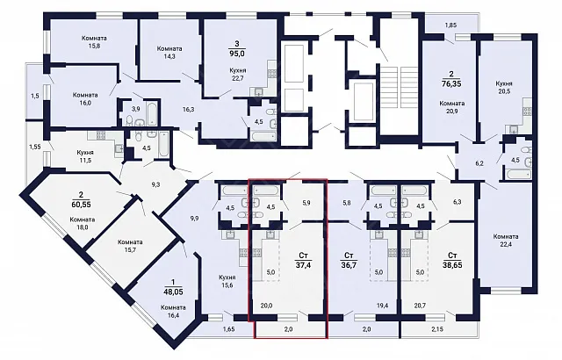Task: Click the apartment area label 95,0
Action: (x=237, y=54)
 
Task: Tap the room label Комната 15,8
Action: (x=94, y=42)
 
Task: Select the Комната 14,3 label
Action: (x=169, y=53)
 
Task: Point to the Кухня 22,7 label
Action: (x=238, y=75)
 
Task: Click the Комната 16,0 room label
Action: (x=85, y=99)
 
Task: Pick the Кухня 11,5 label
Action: (x=84, y=156)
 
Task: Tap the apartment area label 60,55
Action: (x=81, y=205)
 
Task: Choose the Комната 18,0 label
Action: (x=83, y=223)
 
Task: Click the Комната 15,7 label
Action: (x=130, y=246)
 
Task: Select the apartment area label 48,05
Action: (x=173, y=292)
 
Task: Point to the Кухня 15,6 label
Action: (x=227, y=281)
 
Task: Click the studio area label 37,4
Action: (x=303, y=264)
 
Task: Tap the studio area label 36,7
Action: (x=349, y=264)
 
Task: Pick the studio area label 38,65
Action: (x=452, y=264)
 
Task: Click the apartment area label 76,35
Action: (x=451, y=83)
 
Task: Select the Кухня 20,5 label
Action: (x=504, y=88)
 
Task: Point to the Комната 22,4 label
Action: (x=506, y=241)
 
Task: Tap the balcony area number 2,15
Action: (x=438, y=329)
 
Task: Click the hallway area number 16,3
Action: (x=189, y=110)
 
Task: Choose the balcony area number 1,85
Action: (x=450, y=25)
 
